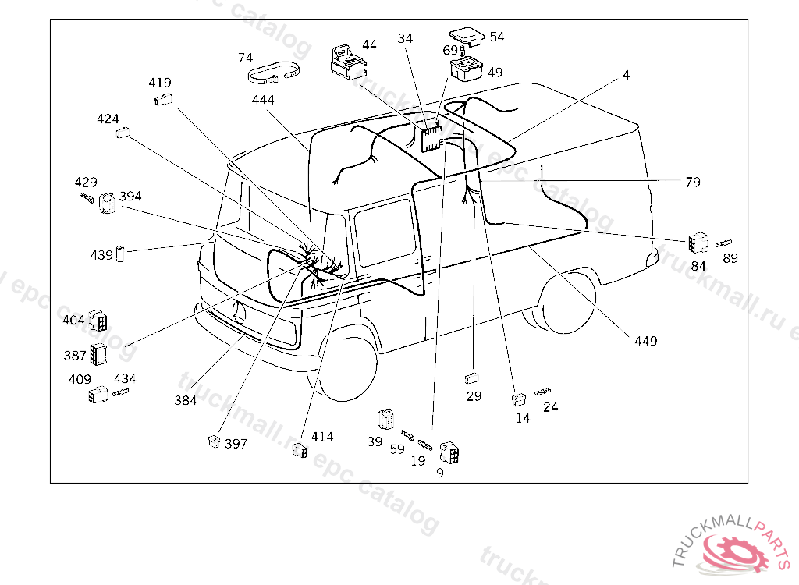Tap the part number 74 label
point(245,58)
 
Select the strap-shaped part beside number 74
point(274,74)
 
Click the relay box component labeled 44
point(344,62)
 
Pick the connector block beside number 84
point(698,243)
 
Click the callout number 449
point(645,341)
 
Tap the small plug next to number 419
point(162,99)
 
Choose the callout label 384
point(186,400)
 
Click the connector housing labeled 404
point(98,320)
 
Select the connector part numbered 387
point(98,354)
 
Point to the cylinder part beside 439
point(121,253)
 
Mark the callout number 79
point(693,182)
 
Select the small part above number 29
point(472,379)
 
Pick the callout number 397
point(236,444)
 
